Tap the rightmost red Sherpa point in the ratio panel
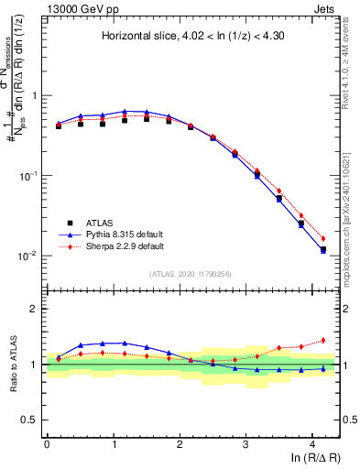[322, 340]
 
